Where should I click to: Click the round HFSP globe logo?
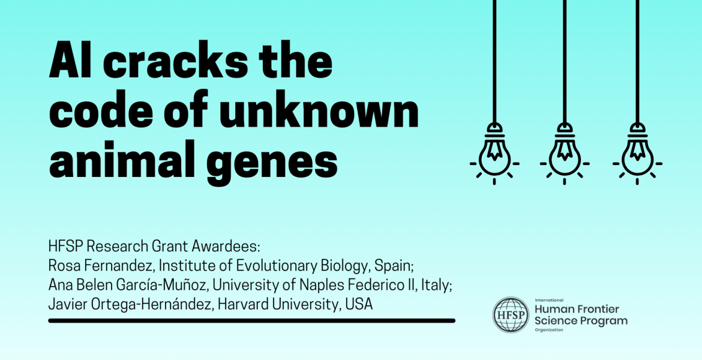click(x=511, y=315)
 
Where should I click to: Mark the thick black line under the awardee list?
click(x=251, y=321)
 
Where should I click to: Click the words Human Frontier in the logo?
click(x=577, y=309)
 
